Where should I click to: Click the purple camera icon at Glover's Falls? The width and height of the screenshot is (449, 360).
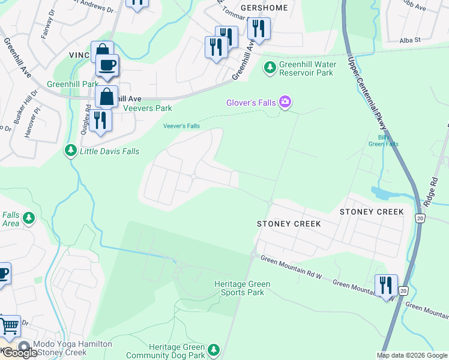(285, 103)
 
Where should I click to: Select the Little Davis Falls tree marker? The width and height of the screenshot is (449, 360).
(71, 151)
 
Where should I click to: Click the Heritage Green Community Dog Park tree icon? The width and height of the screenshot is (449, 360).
(214, 349)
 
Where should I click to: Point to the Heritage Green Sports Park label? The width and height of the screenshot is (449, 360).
(243, 288)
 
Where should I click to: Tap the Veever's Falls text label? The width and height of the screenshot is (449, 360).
(181, 125)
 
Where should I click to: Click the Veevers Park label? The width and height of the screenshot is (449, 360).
(147, 109)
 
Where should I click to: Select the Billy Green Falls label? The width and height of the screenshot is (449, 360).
(383, 140)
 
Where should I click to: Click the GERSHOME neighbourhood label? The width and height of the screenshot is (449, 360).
(264, 8)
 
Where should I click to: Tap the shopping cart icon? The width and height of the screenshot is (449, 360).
(10, 326)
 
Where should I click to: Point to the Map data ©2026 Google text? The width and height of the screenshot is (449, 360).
(412, 355)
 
